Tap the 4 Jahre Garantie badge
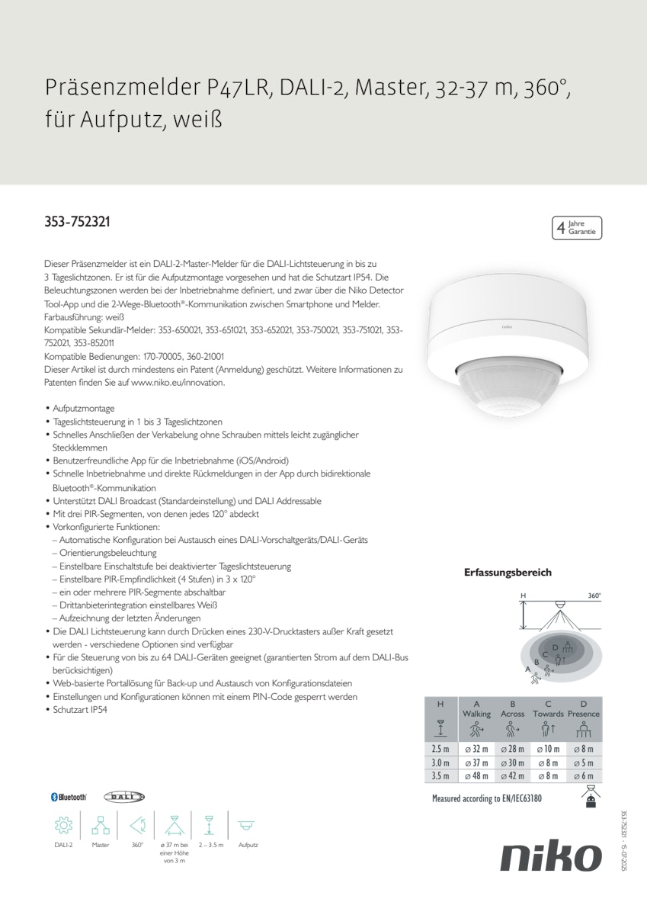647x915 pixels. click(576, 227)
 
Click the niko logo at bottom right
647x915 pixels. click(550, 857)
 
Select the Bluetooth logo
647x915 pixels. click(69, 796)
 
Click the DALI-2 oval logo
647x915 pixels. click(124, 796)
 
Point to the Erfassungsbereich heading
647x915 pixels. click(508, 572)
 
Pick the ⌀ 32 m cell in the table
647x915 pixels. click(476, 749)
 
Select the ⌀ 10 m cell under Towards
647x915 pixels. click(548, 749)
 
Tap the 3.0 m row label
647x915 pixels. click(440, 762)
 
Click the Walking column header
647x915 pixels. click(476, 714)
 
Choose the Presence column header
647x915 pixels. click(584, 714)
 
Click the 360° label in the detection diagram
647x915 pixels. click(594, 596)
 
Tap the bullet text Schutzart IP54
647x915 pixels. click(80, 710)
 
